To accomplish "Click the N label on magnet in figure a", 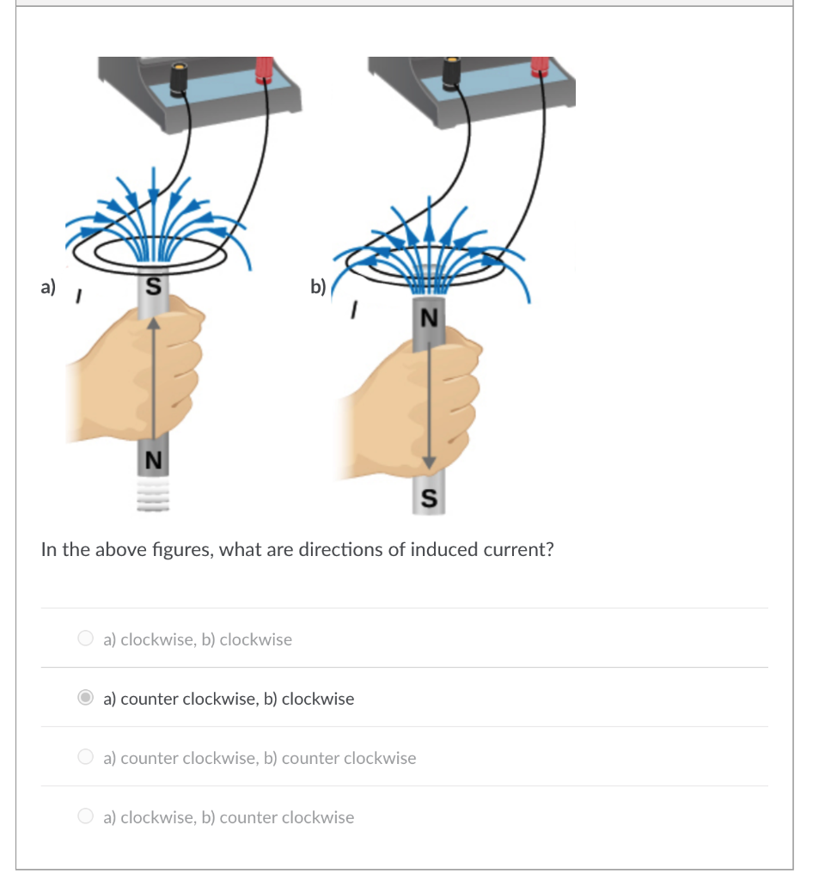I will click(153, 460).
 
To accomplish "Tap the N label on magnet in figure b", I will click(429, 317).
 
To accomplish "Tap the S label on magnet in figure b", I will click(429, 497).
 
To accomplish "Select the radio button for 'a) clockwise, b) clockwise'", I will click(85, 639).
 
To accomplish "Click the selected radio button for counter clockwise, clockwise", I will click(85, 698).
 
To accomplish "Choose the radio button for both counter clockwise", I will click(85, 757).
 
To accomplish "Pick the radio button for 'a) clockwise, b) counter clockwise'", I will click(85, 816).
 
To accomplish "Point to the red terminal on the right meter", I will click(541, 68).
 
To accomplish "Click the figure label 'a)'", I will click(48, 286).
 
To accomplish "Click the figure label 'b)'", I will click(318, 286).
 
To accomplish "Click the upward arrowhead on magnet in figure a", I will click(153, 321).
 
